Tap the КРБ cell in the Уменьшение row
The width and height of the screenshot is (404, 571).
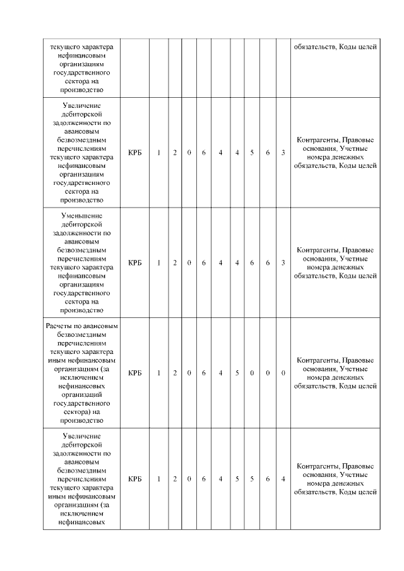tap(134, 262)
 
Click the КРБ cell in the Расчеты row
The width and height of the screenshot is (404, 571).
tap(134, 373)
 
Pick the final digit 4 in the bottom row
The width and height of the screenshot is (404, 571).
tap(283, 479)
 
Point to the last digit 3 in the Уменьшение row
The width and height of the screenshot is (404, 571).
tap(283, 262)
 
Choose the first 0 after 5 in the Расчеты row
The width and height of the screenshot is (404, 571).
tap(252, 373)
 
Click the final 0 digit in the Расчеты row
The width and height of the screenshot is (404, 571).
tap(283, 373)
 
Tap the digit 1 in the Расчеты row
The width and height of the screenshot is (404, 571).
tap(158, 373)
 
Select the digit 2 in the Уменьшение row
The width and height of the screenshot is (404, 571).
tap(175, 262)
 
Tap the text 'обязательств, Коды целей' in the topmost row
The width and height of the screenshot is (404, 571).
tap(335, 46)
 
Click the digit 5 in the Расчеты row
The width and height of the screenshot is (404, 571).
tap(237, 373)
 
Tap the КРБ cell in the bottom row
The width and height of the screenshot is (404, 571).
tap(134, 479)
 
